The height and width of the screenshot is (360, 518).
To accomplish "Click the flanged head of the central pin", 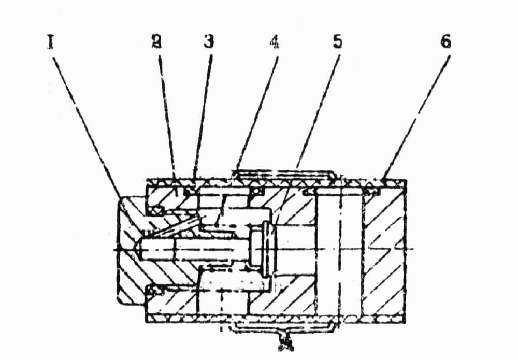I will click(x=265, y=249).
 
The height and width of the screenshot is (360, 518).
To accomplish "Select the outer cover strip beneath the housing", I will click(x=282, y=325).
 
